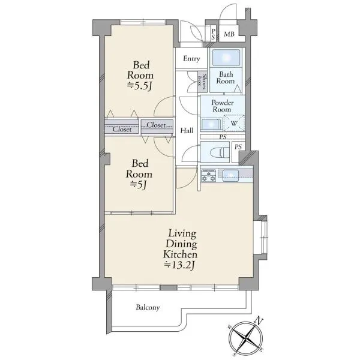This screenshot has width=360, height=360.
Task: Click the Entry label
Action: pyautogui.click(x=191, y=59)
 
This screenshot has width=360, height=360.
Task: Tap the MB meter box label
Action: pyautogui.click(x=229, y=34)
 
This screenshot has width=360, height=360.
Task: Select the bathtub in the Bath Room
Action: pyautogui.click(x=226, y=58)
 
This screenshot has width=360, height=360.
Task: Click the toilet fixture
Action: pyautogui.click(x=218, y=152)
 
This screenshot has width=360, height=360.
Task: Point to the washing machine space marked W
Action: pyautogui.click(x=234, y=124)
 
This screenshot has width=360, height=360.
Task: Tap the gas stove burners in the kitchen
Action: pyautogui.click(x=208, y=176)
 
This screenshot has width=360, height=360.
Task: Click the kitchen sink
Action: pyautogui.click(x=230, y=176)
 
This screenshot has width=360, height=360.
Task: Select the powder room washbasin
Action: pyautogui.click(x=211, y=125)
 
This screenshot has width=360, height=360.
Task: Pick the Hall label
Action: pyautogui.click(x=187, y=131)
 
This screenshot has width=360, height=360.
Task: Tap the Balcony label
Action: pyautogui.click(x=148, y=307)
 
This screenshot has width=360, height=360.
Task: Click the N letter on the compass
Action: pyautogui.click(x=259, y=320)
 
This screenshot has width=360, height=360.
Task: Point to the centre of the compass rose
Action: pyautogui.click(x=246, y=338)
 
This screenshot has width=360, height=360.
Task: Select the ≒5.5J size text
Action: pyautogui.click(x=140, y=86)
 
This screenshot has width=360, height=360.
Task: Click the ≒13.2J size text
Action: pyautogui.click(x=180, y=265)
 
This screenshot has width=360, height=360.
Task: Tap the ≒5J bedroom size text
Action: pyautogui.click(x=139, y=184)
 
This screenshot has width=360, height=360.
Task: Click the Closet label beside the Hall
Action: pyautogui.click(x=156, y=125)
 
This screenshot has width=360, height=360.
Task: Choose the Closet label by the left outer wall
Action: pyautogui.click(x=122, y=129)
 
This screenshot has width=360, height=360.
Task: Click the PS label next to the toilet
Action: pyautogui.click(x=238, y=147)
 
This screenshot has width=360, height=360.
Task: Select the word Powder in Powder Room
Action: pyautogui.click(x=223, y=103)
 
